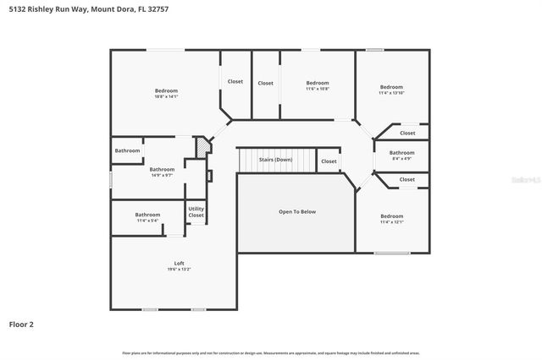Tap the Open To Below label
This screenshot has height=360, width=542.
[297, 211]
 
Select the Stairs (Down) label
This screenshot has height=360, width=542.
[275, 160]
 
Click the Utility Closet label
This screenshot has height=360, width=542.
[196, 212]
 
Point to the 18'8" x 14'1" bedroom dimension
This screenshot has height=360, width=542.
[166, 96]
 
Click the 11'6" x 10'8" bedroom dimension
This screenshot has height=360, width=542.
[317, 89]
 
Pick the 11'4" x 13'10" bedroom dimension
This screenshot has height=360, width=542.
[391, 93]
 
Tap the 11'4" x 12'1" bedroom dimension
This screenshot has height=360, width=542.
[391, 222]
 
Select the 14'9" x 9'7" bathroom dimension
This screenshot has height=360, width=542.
[162, 175]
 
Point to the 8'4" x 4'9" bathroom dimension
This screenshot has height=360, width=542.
[401, 158]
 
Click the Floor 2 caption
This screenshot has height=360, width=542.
[21, 324]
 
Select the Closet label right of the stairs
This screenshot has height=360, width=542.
[329, 161]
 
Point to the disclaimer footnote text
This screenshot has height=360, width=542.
[270, 352]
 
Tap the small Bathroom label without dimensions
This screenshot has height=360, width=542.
[128, 150]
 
